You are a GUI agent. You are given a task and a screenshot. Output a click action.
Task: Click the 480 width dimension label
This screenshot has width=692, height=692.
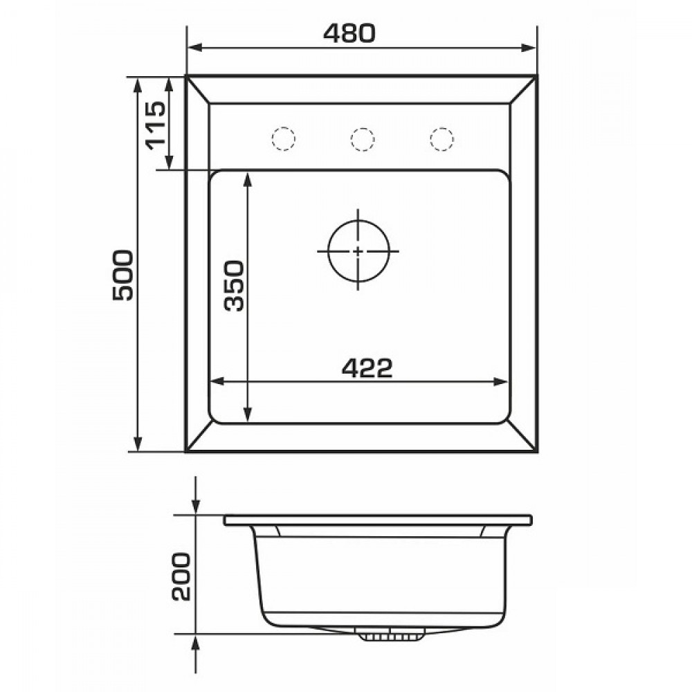pyautogui.click(x=349, y=33)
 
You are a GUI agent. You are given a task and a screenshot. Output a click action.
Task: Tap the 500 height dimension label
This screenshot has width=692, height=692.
pyautogui.click(x=122, y=275)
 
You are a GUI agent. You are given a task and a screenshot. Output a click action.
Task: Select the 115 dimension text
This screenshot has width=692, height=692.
pyautogui.click(x=156, y=125)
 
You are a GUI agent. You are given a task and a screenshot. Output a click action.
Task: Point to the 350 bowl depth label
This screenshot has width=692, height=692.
pyautogui.click(x=233, y=286)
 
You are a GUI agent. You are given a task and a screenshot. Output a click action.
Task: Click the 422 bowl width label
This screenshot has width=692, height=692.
pyautogui.click(x=367, y=368)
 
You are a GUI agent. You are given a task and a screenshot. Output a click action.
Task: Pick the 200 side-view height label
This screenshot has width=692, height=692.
pyautogui.click(x=181, y=576)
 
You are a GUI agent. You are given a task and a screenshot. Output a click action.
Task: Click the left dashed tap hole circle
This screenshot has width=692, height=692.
pyautogui.click(x=283, y=139)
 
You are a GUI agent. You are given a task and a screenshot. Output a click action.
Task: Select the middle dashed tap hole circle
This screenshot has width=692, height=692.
pyautogui.click(x=363, y=139)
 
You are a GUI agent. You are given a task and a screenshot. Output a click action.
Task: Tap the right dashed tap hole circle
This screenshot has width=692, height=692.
pyautogui.click(x=441, y=139)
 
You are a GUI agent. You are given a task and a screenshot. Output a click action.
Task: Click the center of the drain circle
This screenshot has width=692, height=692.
pyautogui.click(x=358, y=251)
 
